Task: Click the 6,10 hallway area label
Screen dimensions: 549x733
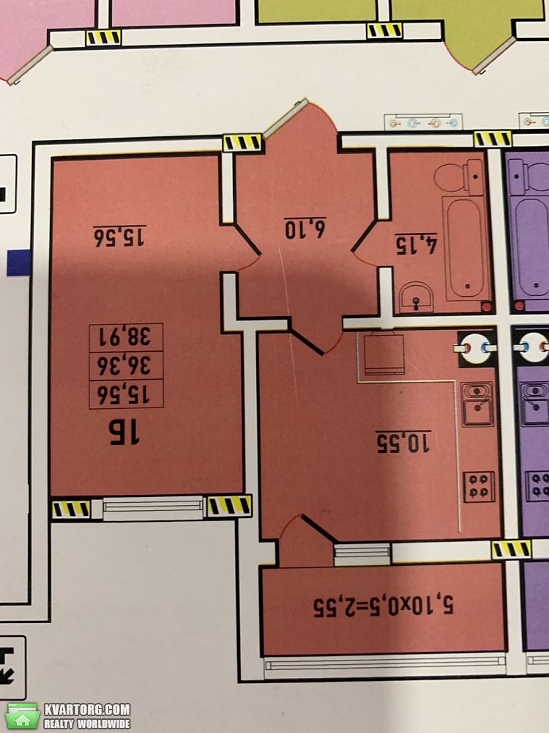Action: [x=305, y=228]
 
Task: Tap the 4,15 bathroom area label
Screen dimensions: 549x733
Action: [x=416, y=243]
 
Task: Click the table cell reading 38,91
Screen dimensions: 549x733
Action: [x=126, y=337]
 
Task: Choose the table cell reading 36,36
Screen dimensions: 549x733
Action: [x=126, y=366]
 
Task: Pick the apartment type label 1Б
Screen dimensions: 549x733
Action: [x=124, y=432]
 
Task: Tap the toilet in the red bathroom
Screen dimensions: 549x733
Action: [x=458, y=177]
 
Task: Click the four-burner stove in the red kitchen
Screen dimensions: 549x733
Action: [x=479, y=486]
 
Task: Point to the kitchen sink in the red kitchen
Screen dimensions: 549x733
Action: [x=477, y=404]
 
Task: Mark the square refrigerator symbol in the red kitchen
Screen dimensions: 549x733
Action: [x=384, y=353]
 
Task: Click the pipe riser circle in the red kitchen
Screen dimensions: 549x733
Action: [x=475, y=347]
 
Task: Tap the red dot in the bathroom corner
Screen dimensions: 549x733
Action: [x=487, y=306]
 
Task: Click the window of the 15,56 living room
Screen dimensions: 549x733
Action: [x=153, y=508]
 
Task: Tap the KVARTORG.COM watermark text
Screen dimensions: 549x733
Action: [x=87, y=710]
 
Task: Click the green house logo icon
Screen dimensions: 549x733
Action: [x=23, y=715]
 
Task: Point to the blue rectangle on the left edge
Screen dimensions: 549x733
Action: [x=19, y=262]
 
